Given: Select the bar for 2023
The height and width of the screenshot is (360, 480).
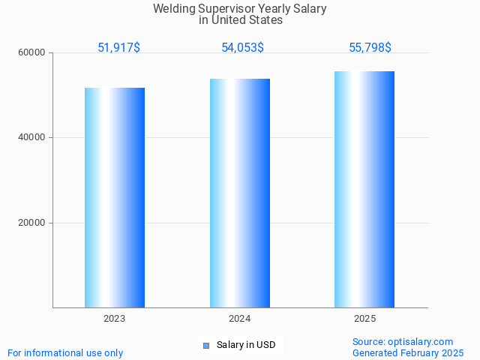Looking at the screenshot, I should [x=115, y=197].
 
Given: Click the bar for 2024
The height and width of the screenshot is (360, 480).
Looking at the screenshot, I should [x=240, y=193].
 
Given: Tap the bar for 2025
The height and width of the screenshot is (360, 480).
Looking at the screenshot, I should [x=364, y=189].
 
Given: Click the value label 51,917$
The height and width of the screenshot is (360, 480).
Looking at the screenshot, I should [x=118, y=47].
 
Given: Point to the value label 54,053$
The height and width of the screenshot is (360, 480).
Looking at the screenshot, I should [x=242, y=47].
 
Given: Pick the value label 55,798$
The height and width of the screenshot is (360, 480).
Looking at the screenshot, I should [x=370, y=47].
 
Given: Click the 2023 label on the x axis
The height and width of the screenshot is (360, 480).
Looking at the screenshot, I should [x=115, y=319].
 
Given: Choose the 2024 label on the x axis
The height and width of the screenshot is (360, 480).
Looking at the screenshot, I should [x=240, y=319].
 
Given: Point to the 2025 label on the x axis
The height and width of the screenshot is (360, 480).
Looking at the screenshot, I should [x=364, y=319].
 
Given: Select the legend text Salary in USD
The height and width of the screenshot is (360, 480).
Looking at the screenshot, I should [x=245, y=345].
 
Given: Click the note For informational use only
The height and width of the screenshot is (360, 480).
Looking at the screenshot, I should [x=65, y=352].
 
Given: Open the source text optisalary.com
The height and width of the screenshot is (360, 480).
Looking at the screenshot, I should [x=420, y=341].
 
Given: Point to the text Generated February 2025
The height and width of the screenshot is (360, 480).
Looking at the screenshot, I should [x=408, y=352].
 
